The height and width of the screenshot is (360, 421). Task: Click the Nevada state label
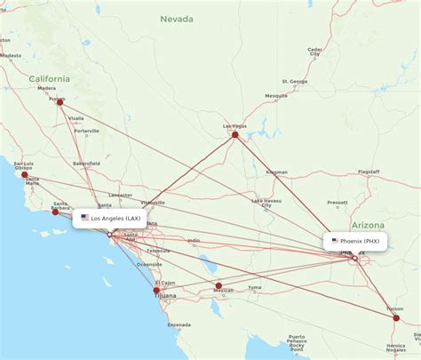point(175,18)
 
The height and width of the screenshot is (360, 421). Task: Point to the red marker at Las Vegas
point(235,134)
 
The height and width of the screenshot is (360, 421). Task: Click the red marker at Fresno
point(60,102)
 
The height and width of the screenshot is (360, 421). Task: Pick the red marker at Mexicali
point(218,286)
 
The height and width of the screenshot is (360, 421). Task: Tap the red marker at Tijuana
point(157,290)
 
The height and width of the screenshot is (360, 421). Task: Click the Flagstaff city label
point(367,172)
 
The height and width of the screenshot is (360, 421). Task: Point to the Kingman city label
point(276,172)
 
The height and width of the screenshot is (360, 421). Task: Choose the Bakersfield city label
point(87,164)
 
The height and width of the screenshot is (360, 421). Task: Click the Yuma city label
point(255,287)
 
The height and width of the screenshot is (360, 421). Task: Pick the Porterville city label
point(87,132)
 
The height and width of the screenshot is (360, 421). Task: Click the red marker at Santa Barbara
point(56,212)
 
